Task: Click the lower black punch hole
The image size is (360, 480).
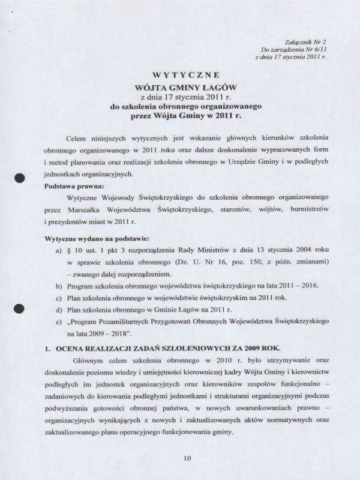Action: (x=20, y=308)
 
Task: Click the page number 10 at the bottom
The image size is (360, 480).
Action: (x=187, y=458)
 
